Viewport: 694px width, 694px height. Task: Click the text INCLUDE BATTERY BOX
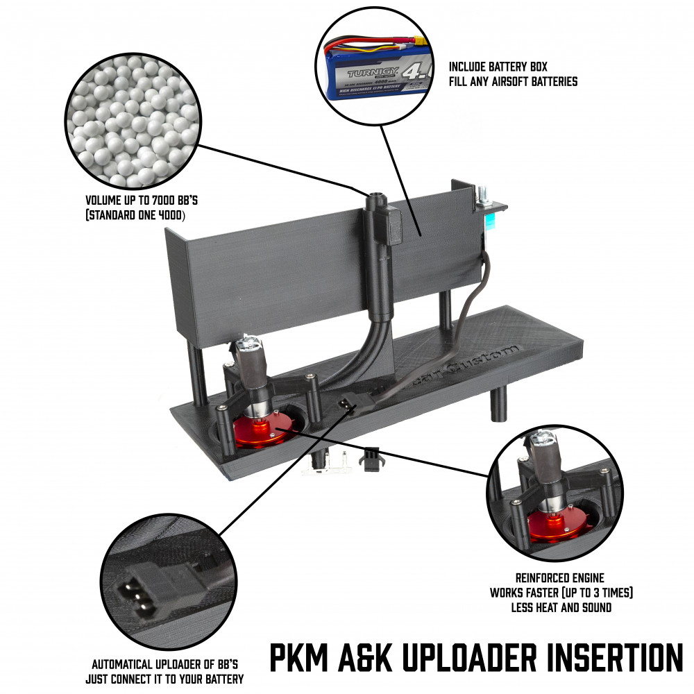point(498,67)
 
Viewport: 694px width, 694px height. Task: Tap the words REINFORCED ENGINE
point(559,577)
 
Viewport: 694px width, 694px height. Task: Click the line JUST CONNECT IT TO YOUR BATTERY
point(164,678)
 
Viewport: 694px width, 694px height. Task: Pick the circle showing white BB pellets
point(133,122)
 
